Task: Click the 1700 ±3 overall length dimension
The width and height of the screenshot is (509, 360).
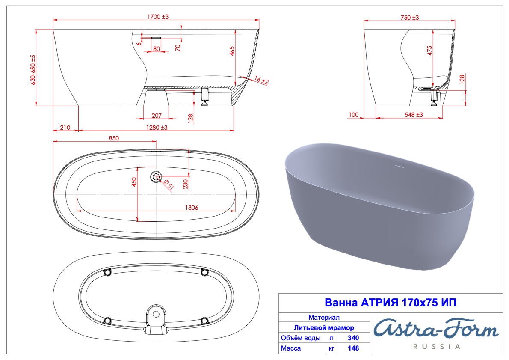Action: pyautogui.click(x=158, y=16)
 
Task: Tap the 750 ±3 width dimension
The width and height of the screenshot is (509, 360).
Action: pyautogui.click(x=410, y=17)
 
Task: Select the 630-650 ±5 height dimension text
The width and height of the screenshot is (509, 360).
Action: pyautogui.click(x=33, y=70)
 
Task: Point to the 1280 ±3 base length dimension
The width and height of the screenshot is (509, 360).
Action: pyautogui.click(x=157, y=128)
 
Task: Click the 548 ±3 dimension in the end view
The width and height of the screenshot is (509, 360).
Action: pyautogui.click(x=414, y=114)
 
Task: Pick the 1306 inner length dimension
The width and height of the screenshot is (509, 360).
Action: pyautogui.click(x=192, y=207)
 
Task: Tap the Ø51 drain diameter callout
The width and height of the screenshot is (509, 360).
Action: pyautogui.click(x=169, y=184)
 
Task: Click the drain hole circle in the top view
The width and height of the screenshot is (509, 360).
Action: pyautogui.click(x=156, y=177)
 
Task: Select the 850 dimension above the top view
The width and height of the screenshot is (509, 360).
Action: pyautogui.click(x=114, y=138)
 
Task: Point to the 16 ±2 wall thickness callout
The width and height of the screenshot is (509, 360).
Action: pyautogui.click(x=261, y=80)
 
